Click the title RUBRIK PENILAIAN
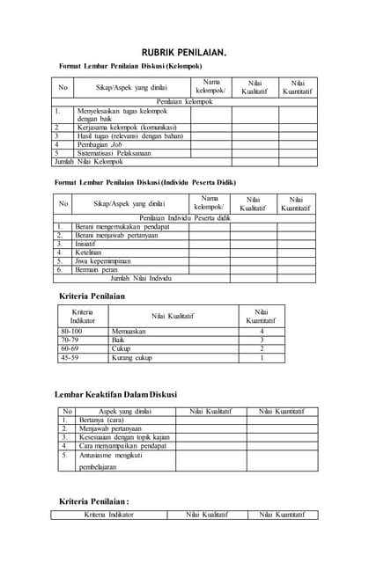pos(184,54)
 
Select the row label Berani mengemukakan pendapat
pos(121,226)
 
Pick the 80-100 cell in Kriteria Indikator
pos(70,332)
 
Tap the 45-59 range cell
pos(70,358)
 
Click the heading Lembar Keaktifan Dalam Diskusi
pos(115,394)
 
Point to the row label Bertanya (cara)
pos(99,420)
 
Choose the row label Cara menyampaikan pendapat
pos(122,446)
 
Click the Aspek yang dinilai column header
pos(120,412)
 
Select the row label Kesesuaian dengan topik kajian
pos(124,437)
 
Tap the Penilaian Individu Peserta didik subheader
pos(184,217)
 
